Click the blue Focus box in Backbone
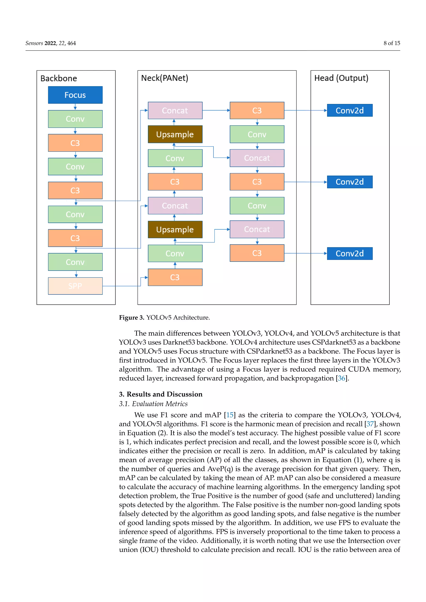(x=75, y=95)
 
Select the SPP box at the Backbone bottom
(x=75, y=286)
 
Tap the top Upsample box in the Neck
(x=175, y=134)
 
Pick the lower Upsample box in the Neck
(x=175, y=229)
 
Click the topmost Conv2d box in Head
(x=350, y=110)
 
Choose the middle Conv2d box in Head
(x=350, y=182)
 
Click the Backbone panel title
(x=59, y=78)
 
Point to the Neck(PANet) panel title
(x=165, y=78)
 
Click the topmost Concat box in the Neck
(x=175, y=110)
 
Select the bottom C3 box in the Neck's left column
(x=175, y=277)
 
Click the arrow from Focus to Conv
(x=75, y=107)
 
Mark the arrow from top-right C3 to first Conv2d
(x=306, y=110)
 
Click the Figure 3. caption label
(x=131, y=317)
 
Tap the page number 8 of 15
(x=392, y=43)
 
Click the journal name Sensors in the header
(x=34, y=43)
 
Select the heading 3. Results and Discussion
(x=161, y=394)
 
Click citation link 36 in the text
(x=341, y=378)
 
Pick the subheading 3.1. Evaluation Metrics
(x=153, y=404)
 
